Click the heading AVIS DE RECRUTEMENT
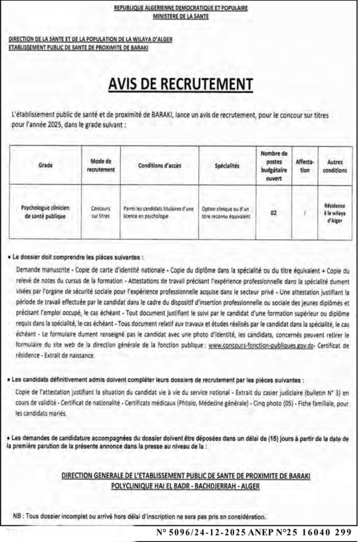coord(180,84)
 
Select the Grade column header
coord(46,165)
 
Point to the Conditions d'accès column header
coord(159,165)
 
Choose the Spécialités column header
coord(228,165)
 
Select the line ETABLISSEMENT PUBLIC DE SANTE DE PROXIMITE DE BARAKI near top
coord(79,47)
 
